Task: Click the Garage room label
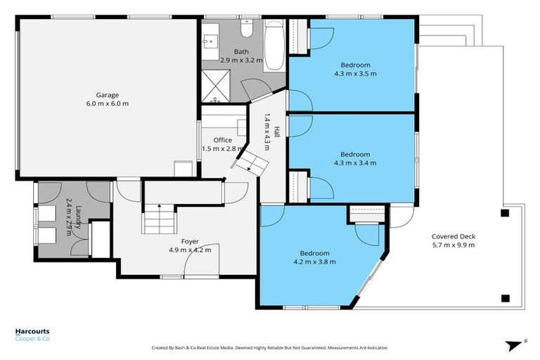click(x=108, y=95)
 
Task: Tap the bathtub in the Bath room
click(x=275, y=46)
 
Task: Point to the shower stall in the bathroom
click(x=219, y=86)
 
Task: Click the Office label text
click(x=223, y=140)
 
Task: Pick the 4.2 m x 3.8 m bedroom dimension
click(x=314, y=262)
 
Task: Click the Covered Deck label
click(x=454, y=236)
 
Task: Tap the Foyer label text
click(x=190, y=241)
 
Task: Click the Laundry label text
click(x=77, y=213)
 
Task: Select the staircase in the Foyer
click(x=158, y=219)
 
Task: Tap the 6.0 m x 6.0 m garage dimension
click(x=108, y=104)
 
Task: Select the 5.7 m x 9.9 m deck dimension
click(x=454, y=245)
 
